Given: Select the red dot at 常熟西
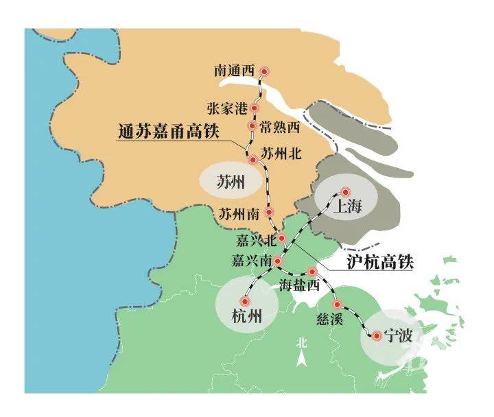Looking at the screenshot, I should [x=252, y=127].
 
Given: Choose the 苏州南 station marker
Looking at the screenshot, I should [x=270, y=213].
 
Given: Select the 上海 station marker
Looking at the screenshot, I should [x=345, y=192].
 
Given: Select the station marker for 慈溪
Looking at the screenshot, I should [x=336, y=304].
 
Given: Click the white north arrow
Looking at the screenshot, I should [x=301, y=358].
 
